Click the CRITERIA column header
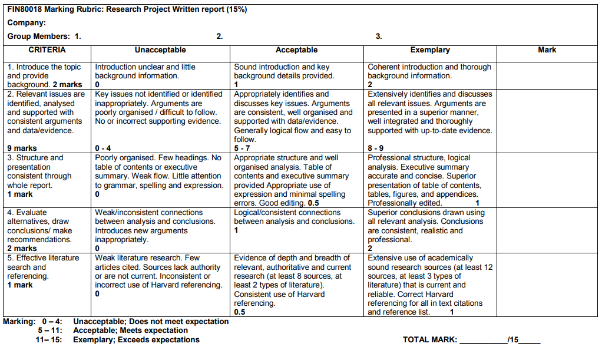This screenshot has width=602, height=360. tap(47, 50)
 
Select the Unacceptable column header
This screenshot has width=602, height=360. tap(160, 50)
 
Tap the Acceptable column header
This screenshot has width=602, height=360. tap(296, 50)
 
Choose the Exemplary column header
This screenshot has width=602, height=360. tap(430, 50)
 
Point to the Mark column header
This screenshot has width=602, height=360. tap(547, 50)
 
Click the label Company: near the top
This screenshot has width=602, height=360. tap(27, 23)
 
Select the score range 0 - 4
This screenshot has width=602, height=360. tap(103, 148)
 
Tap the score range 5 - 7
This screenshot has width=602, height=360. tap(242, 148)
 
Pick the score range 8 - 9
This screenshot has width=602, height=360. tap(376, 148)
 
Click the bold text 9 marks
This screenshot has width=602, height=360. tap(22, 148)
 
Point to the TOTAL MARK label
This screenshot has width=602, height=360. tap(429, 340)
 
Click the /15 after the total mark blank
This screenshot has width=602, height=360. tap(513, 340)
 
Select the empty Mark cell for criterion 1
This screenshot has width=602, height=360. tap(547, 75)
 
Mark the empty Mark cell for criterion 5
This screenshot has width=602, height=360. tap(547, 285)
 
